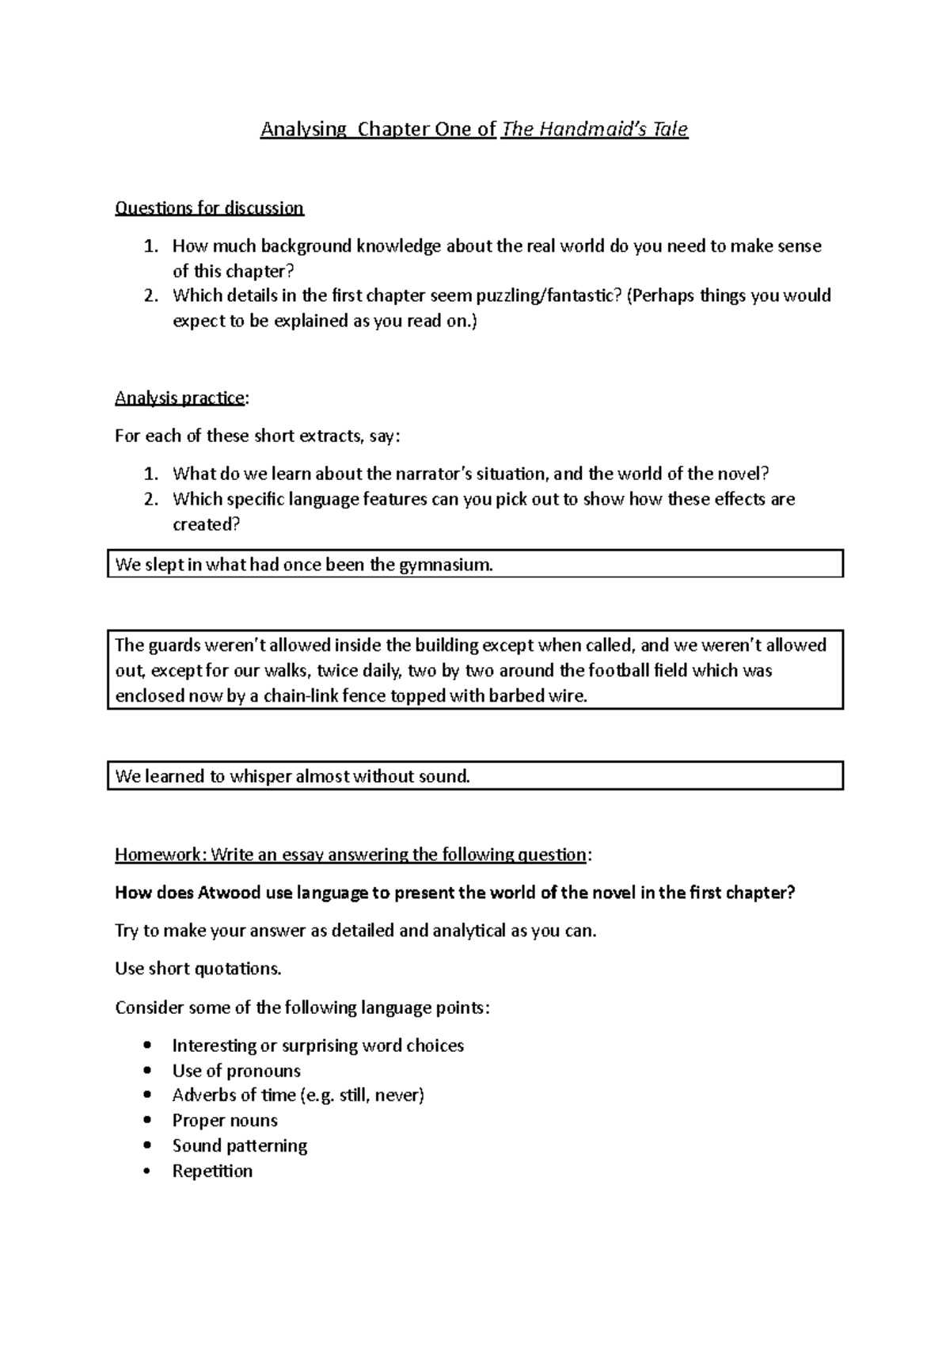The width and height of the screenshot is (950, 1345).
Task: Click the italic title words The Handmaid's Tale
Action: (x=595, y=129)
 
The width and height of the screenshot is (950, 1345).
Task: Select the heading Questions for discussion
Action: (x=209, y=208)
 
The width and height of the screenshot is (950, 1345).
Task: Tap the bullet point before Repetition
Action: (x=148, y=1172)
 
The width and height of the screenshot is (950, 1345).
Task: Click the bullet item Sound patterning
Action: (x=240, y=1145)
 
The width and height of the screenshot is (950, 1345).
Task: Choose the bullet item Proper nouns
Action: (x=225, y=1120)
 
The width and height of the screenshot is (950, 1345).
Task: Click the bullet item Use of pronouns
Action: (x=236, y=1070)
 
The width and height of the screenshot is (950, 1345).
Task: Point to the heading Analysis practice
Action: (x=180, y=398)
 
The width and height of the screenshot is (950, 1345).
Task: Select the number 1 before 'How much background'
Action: (x=150, y=246)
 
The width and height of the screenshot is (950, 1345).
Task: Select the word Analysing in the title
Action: (x=304, y=129)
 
